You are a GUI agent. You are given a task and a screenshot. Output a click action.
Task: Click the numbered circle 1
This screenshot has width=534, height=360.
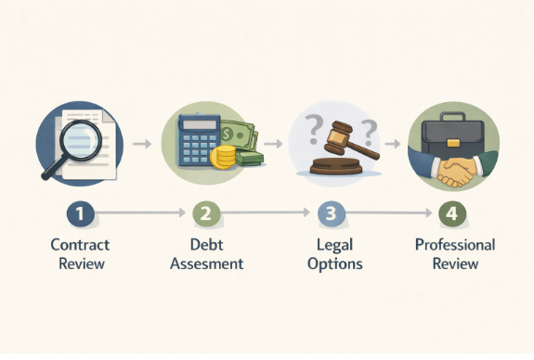click(81, 213)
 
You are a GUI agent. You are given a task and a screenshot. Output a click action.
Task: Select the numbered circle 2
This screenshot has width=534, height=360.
click(206, 213)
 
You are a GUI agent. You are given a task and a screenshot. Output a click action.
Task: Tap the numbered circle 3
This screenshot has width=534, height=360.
click(331, 213)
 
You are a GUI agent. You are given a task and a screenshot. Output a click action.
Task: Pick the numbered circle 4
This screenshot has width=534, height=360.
click(452, 213)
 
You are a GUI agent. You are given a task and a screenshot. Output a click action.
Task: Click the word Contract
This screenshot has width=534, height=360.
click(81, 245)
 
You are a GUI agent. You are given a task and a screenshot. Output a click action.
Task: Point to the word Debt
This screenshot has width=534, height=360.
click(206, 245)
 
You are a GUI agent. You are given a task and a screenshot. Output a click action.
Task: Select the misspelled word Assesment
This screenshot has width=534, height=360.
click(207, 264)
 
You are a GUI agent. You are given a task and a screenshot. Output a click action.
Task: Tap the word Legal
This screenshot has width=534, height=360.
click(334, 245)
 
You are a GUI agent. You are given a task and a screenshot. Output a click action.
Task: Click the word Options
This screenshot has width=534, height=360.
click(334, 264)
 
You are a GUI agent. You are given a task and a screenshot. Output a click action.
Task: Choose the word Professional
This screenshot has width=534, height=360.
click(455, 245)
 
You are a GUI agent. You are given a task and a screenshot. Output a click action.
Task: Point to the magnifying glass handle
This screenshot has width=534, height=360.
click(54, 168)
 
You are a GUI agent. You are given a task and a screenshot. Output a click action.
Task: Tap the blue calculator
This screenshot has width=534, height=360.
click(200, 140)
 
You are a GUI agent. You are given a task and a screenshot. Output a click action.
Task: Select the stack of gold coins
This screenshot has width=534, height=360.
click(223, 157)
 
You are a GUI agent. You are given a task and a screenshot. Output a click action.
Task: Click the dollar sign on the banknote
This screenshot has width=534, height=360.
click(226, 135)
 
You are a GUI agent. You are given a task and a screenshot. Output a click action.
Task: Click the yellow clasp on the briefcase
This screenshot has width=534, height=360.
click(453, 143)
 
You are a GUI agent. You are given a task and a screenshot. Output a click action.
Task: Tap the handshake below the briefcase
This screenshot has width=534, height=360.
click(454, 171)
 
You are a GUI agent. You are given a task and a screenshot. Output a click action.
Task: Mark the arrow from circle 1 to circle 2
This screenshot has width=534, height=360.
click(140, 213)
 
